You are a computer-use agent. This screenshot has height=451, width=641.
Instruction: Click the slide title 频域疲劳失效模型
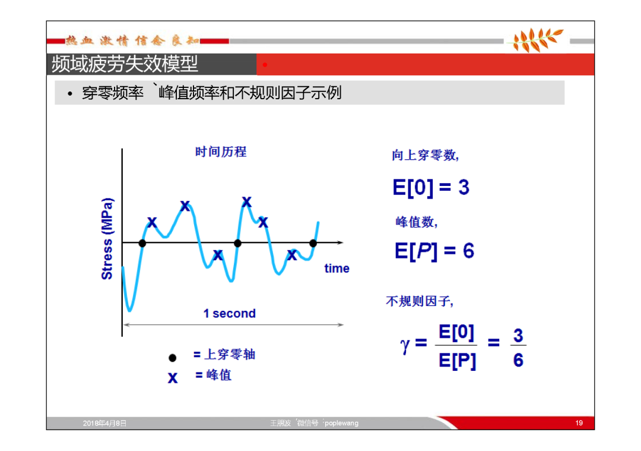tap(125, 64)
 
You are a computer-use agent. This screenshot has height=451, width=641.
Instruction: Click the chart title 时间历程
tap(221, 152)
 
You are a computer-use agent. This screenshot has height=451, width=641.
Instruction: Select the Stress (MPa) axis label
tap(107, 239)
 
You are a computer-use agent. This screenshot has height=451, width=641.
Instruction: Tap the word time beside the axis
tap(337, 269)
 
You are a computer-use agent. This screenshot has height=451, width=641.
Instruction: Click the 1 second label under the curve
tap(230, 314)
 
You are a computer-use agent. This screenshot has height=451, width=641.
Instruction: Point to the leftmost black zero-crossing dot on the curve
tap(142, 243)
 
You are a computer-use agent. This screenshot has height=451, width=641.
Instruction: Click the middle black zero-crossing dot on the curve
tap(237, 243)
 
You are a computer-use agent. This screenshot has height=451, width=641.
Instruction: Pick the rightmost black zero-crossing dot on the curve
tap(313, 243)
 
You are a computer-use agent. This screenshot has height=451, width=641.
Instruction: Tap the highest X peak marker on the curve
tap(246, 202)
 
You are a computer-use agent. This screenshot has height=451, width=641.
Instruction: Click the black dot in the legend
tap(173, 358)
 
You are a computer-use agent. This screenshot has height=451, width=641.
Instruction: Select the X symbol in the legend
tap(173, 378)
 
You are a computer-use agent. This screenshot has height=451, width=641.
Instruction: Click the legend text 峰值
tap(219, 375)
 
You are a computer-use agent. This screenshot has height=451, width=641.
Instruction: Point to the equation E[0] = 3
tap(431, 187)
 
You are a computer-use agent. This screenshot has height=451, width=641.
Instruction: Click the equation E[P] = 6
tap(434, 251)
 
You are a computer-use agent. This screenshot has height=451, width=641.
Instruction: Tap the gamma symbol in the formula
tap(405, 345)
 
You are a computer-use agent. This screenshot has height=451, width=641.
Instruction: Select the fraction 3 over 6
tap(518, 348)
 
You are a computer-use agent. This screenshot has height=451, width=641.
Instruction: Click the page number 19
tap(579, 422)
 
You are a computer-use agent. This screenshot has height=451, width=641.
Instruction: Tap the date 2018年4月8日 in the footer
tap(104, 423)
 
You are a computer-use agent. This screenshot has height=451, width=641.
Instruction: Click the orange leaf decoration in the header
tap(536, 40)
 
